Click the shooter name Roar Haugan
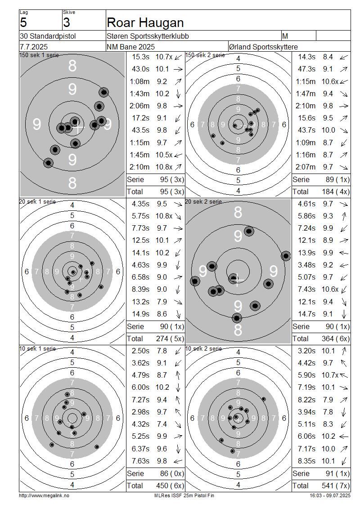coord(145,22)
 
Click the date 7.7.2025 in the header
coord(34,47)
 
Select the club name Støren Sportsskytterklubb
coord(148,36)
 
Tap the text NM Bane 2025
coord(130,47)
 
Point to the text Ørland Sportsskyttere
coord(263,47)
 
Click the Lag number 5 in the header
coord(23,22)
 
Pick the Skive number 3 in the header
coord(67,22)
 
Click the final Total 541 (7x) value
coord(336,486)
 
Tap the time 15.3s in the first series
coord(141,57)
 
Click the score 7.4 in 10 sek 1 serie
coord(162,424)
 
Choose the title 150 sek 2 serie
coord(205,55)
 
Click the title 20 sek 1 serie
coord(38,201)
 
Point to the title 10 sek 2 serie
coord(204,348)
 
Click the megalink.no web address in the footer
coord(44,495)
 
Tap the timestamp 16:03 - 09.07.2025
coord(330,495)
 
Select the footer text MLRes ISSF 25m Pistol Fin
coord(184,495)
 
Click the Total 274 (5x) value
coord(170,339)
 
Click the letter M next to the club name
coord(285,36)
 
